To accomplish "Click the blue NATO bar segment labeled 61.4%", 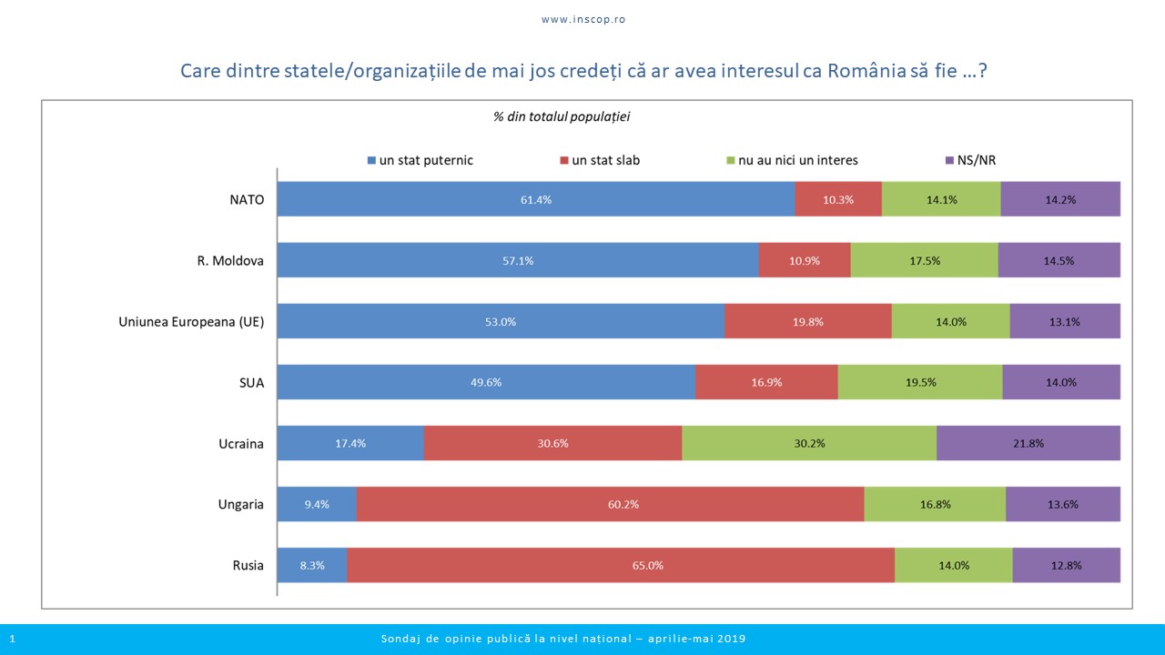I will tap(535, 199).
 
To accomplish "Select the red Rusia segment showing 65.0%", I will tap(621, 565).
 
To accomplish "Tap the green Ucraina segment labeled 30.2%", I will tap(809, 444).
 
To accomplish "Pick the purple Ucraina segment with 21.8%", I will tap(1028, 444).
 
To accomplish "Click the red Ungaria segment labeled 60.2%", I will tap(610, 504).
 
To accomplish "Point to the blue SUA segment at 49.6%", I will tap(486, 382).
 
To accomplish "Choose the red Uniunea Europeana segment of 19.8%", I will tap(808, 321).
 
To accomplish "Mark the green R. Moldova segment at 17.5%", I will tap(924, 260).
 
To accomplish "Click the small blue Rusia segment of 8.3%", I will tap(311, 565).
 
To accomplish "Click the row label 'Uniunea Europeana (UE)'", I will tap(191, 322).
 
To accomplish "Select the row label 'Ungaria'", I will tap(241, 505).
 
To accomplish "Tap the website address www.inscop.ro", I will tap(583, 19).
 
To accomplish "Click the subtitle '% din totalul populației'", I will tap(562, 116).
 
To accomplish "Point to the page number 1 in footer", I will tap(12, 639).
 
